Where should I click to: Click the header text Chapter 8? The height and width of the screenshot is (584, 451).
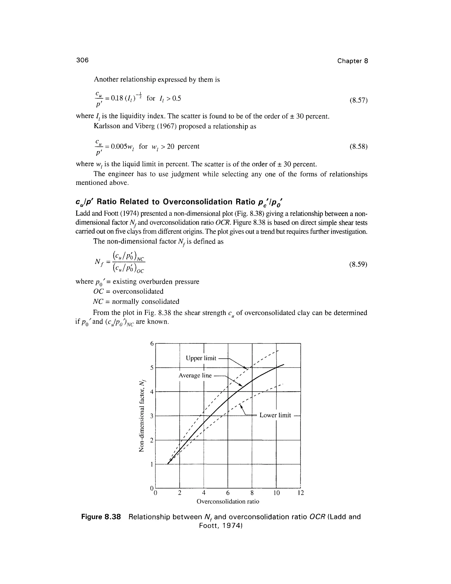click(352, 61)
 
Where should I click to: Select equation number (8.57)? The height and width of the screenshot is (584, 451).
click(359, 100)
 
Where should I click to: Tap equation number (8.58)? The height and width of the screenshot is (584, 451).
click(359, 147)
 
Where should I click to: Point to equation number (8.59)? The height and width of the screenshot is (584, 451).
click(359, 264)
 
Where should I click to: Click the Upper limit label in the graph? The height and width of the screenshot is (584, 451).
click(201, 358)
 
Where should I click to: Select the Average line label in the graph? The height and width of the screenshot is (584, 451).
click(195, 376)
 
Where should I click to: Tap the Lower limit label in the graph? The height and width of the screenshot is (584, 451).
click(275, 415)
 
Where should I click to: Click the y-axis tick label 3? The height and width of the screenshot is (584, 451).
click(152, 416)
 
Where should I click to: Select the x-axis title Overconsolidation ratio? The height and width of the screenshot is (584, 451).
click(228, 501)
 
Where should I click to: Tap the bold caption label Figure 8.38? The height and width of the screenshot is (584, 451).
click(101, 517)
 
